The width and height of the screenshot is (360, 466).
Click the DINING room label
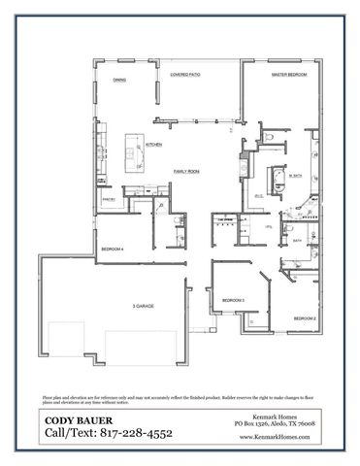pyautogui.click(x=119, y=81)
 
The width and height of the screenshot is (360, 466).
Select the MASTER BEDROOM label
pyautogui.click(x=289, y=75)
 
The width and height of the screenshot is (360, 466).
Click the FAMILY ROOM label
pyautogui.click(x=186, y=171)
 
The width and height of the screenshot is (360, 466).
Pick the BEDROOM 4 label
pyautogui.click(x=113, y=250)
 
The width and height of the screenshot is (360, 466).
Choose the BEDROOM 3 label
pyautogui.click(x=232, y=301)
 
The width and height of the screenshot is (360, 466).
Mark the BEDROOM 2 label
pyautogui.click(x=305, y=318)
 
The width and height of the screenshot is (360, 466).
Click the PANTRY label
pyautogui.click(x=109, y=201)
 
